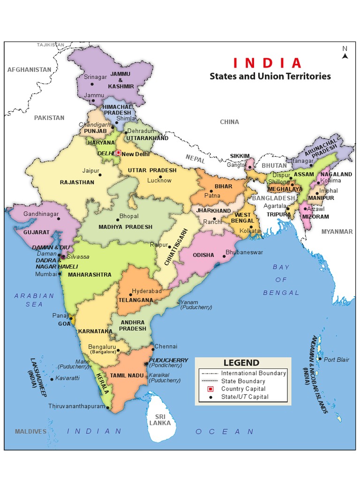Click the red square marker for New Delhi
(x=119, y=153)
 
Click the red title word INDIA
(x=268, y=63)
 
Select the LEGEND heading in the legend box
(x=241, y=363)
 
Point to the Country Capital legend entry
(x=243, y=389)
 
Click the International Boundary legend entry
(x=253, y=373)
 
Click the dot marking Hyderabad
(x=131, y=295)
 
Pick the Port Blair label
(x=336, y=360)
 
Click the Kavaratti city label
(x=67, y=378)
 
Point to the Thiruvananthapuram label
(x=76, y=406)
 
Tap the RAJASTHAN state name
(x=77, y=182)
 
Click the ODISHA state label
(x=203, y=255)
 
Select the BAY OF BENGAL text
(x=281, y=280)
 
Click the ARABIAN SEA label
(x=34, y=300)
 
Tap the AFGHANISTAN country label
(x=29, y=69)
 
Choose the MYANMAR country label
(x=337, y=232)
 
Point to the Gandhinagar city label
(x=41, y=214)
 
